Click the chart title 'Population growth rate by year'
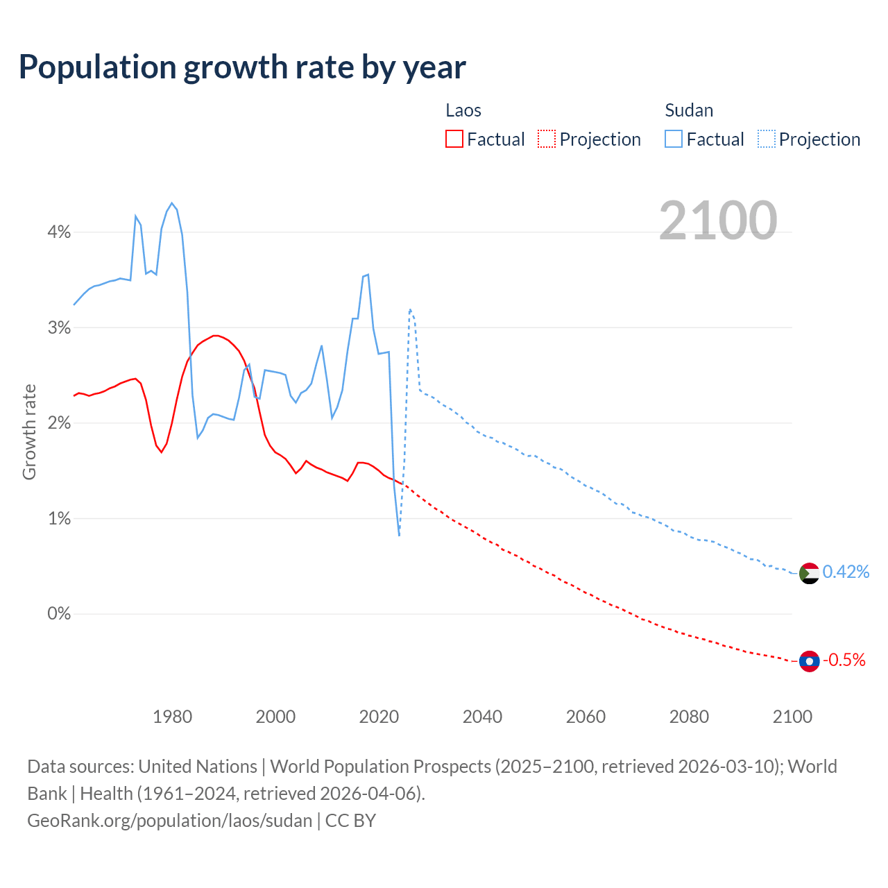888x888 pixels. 242,67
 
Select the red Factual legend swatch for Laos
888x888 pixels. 454,139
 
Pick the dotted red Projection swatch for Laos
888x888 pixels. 547,139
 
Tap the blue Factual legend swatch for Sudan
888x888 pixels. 673,139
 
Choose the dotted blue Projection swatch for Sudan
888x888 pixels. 766,139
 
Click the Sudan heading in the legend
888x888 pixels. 688,110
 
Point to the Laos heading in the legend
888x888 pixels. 463,110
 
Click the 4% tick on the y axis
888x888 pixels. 59,232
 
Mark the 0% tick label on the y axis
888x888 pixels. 59,614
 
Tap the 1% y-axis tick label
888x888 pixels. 59,519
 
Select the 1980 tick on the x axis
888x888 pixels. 172,717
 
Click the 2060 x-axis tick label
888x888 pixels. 586,717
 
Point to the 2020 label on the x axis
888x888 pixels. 379,717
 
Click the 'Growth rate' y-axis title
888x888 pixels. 29,432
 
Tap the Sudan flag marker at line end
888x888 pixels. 809,574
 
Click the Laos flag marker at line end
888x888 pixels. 809,661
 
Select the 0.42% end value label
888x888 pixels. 846,572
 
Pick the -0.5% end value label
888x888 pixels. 844,660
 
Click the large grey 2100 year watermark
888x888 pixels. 718,221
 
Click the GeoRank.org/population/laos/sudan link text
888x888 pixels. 170,821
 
